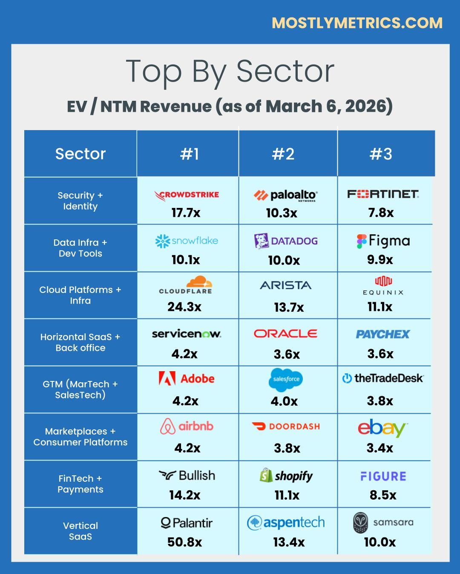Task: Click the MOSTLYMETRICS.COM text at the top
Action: (x=357, y=23)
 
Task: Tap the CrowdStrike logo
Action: (x=187, y=195)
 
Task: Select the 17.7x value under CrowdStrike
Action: (x=186, y=213)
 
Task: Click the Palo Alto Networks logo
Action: (x=285, y=196)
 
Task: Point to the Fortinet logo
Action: (x=383, y=194)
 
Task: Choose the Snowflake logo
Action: (x=187, y=241)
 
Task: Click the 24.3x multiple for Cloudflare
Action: (x=184, y=307)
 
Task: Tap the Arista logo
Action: (x=285, y=285)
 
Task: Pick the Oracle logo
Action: (x=285, y=334)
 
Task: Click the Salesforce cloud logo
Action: (x=285, y=379)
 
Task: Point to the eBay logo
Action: (x=382, y=428)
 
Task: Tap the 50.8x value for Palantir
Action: (x=184, y=542)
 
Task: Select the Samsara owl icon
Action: (x=360, y=523)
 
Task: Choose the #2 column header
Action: (x=283, y=154)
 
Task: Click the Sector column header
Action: (x=80, y=154)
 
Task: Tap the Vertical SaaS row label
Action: (x=80, y=531)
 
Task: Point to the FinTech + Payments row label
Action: (x=80, y=484)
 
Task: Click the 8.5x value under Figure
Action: (x=383, y=495)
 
